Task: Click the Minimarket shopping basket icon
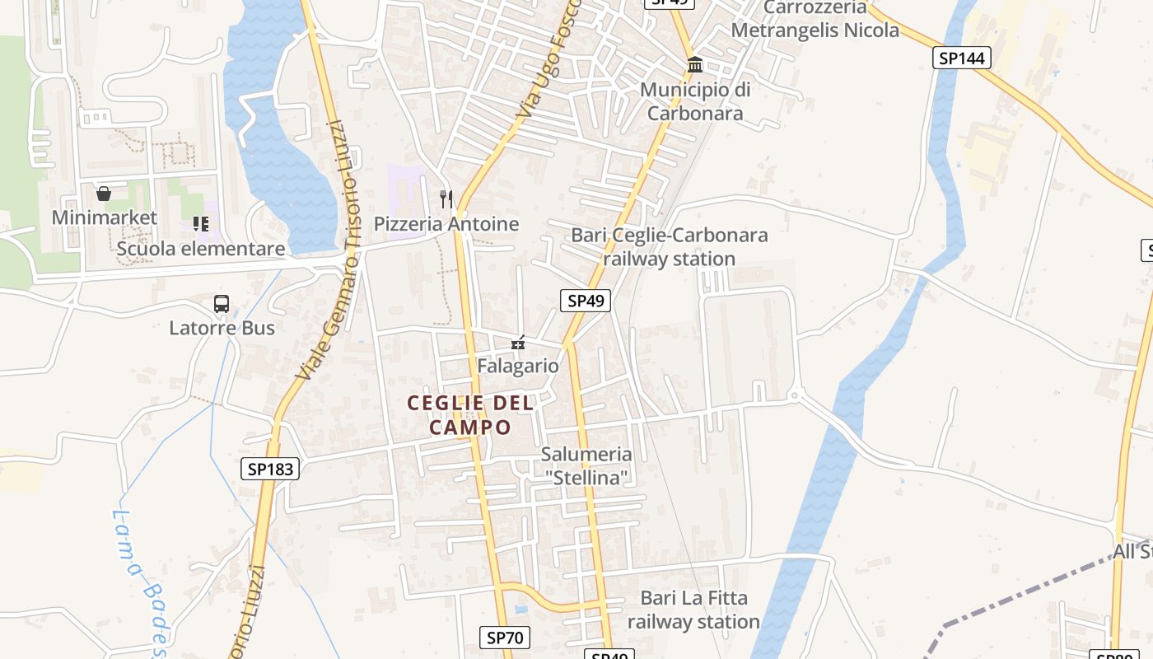pos(104,194)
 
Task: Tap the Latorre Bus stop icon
pos(222,304)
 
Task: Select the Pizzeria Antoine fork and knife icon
pos(446,199)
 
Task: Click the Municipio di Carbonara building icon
pos(695,64)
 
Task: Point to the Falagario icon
pos(518,342)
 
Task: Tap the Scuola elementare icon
pos(201,224)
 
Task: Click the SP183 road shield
pos(270,470)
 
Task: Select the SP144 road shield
pos(962,58)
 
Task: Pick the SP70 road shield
pos(505,637)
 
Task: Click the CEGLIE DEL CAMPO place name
pos(470,415)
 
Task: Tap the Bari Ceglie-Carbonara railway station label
pos(670,247)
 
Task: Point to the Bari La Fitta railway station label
pos(693,610)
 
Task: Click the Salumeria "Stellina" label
pos(586,465)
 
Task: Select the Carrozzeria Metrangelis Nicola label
pos(815,20)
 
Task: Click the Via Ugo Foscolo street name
pos(550,58)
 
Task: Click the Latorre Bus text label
pos(222,328)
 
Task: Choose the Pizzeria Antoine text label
pos(446,224)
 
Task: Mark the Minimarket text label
pos(104,217)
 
